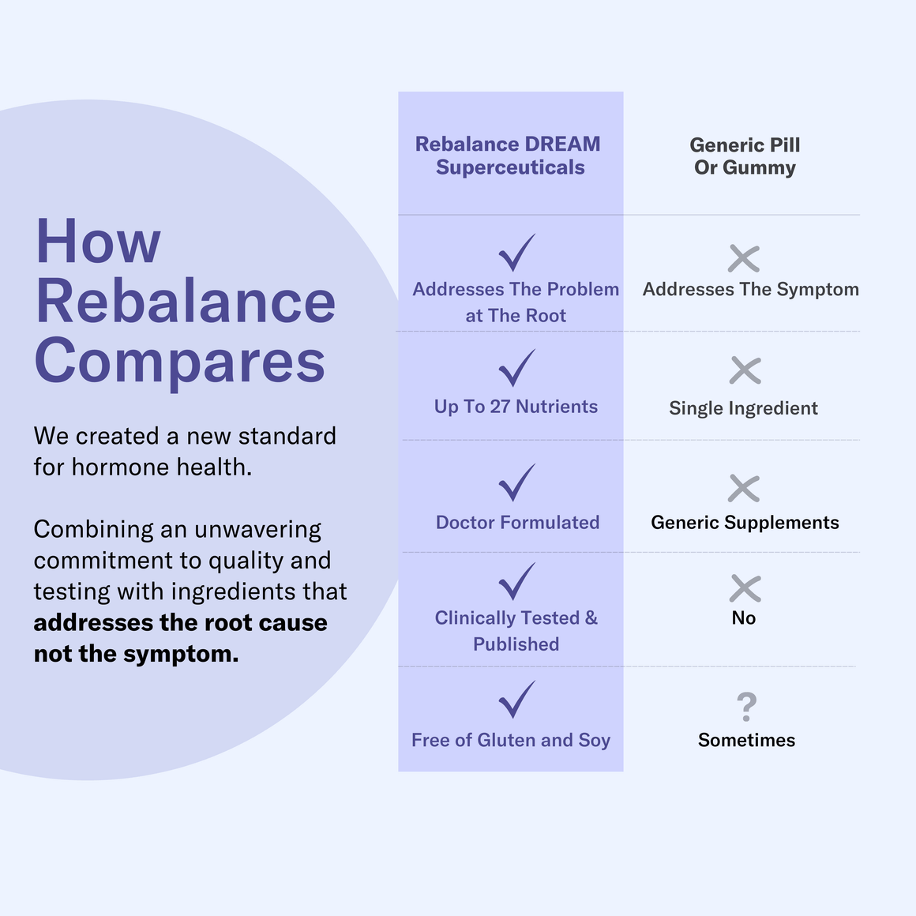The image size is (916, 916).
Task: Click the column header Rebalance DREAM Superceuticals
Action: [509, 156]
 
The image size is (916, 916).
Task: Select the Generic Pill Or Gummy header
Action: [745, 156]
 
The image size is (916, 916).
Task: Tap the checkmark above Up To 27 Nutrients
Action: [516, 368]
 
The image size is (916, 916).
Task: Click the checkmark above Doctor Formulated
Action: [516, 482]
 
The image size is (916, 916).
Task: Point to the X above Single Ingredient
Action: [745, 370]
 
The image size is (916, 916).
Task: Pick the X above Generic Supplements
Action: [744, 489]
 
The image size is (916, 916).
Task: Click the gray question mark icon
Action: [746, 707]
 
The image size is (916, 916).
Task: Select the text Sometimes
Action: [746, 740]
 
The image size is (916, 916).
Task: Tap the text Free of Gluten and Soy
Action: [511, 740]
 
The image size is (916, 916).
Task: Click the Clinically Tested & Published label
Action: [516, 631]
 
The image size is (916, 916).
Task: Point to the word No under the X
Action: [744, 618]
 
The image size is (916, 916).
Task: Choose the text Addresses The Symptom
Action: [750, 289]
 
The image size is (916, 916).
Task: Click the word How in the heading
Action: [99, 242]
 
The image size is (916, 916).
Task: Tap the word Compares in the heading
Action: [180, 361]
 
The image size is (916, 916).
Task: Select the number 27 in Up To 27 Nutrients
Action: [500, 407]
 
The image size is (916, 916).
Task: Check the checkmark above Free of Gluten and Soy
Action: [516, 700]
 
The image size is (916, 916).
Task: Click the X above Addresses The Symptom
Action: [744, 258]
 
